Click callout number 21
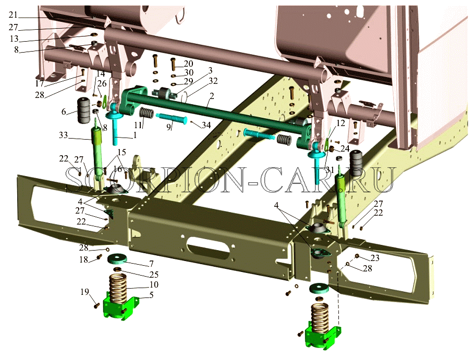[14, 15]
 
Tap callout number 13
[14, 39]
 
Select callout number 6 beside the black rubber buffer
[64, 111]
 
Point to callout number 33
[63, 135]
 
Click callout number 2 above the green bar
[212, 96]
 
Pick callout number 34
[206, 125]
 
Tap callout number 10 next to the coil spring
[154, 284]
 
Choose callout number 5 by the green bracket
[151, 294]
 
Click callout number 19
[85, 292]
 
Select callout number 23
[375, 258]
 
